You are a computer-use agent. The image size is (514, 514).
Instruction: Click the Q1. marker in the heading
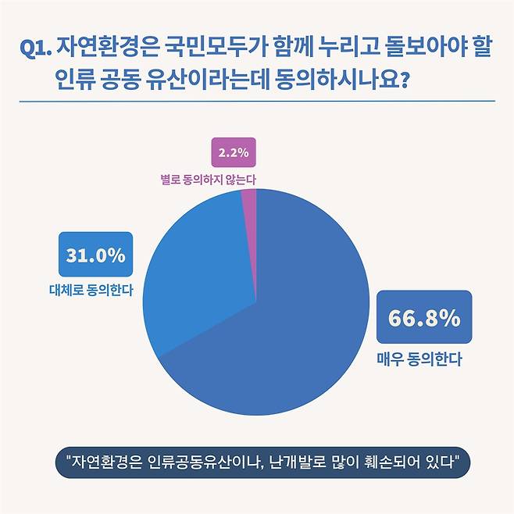[36, 48]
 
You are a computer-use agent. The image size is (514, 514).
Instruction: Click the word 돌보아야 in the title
[428, 47]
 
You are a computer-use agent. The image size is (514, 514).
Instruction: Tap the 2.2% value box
[234, 153]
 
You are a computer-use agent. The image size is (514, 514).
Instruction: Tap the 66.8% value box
[424, 318]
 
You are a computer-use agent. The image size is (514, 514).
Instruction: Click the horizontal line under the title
[257, 101]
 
